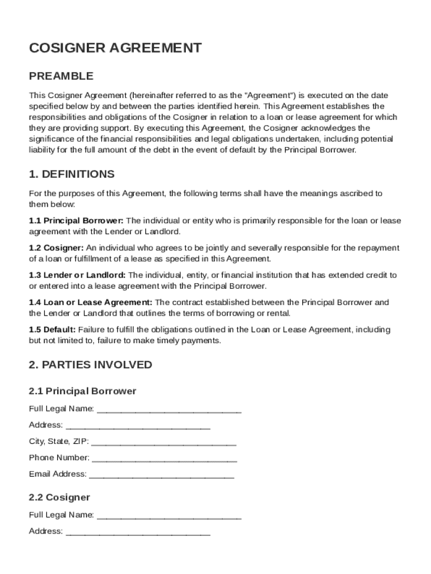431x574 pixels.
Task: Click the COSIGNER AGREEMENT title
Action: point(115,48)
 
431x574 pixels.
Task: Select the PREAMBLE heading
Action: point(61,76)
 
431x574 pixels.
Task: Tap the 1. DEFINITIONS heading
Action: point(72,174)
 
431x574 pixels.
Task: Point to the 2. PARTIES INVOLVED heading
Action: point(90,365)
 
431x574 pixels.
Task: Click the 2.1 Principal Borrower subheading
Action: point(82,391)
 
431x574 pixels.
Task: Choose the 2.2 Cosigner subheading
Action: point(59,497)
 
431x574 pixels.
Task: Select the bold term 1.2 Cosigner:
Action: point(57,248)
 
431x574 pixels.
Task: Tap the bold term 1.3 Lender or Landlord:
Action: point(78,275)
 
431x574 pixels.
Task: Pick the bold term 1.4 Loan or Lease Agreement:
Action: point(91,303)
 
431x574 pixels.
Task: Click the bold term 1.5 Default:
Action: point(53,330)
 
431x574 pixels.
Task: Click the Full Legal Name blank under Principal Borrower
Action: point(169,409)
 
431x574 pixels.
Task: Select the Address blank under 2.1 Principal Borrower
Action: point(138,425)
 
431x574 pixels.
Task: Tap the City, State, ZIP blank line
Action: point(163,442)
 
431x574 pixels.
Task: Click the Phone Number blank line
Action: point(165,458)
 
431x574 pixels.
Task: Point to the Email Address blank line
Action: point(162,475)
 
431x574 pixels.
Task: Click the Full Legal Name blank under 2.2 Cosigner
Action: point(169,516)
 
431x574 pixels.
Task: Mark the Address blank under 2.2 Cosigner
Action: point(138,532)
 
